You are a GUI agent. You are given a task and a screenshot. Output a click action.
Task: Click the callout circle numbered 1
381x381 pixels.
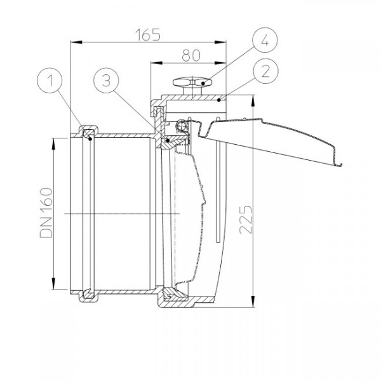(50, 81)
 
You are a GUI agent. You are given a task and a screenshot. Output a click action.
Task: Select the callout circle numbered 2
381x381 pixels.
(265, 71)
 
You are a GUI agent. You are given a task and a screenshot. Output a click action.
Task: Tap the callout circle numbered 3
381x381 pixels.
(106, 81)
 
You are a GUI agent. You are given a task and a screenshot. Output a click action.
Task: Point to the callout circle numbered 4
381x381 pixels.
(265, 40)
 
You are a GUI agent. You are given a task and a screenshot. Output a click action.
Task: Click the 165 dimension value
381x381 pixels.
(148, 35)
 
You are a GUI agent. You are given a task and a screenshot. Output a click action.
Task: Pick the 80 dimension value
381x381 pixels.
(191, 55)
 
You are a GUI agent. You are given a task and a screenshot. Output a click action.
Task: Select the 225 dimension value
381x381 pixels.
(246, 220)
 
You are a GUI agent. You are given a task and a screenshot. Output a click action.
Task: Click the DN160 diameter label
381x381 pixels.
(46, 213)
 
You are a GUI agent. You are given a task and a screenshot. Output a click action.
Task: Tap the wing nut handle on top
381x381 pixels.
(192, 82)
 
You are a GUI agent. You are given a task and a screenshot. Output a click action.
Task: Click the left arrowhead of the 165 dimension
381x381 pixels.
(76, 43)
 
